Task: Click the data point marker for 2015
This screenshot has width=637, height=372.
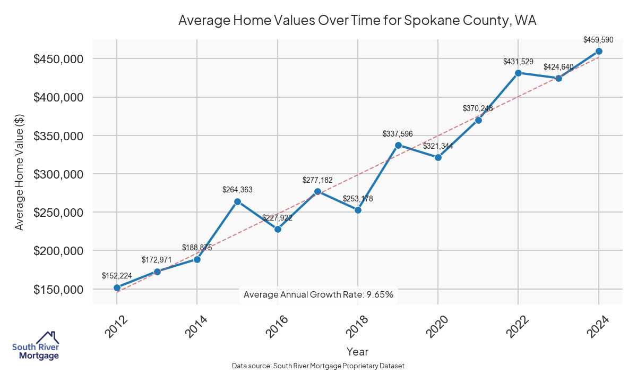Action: [237, 201]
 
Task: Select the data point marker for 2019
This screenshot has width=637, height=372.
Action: [398, 145]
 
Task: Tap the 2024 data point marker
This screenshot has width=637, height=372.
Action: [599, 51]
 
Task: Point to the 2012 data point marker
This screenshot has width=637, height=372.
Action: [117, 288]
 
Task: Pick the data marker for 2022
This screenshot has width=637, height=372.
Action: [518, 73]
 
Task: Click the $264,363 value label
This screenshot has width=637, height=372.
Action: [237, 190]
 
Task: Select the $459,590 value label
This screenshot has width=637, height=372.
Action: [599, 40]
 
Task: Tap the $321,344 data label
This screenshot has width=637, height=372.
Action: [438, 146]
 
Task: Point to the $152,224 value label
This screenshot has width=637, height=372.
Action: [117, 276]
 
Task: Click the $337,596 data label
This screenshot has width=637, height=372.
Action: [398, 134]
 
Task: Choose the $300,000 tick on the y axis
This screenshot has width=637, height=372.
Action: [59, 174]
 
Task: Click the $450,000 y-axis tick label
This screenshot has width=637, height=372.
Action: [59, 59]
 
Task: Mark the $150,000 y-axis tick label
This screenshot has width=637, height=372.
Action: [59, 290]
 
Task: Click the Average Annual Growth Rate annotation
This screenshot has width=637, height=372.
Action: [318, 294]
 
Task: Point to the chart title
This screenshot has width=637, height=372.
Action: [357, 21]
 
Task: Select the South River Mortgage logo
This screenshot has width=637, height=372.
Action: [36, 346]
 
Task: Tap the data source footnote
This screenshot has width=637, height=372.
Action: [318, 366]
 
